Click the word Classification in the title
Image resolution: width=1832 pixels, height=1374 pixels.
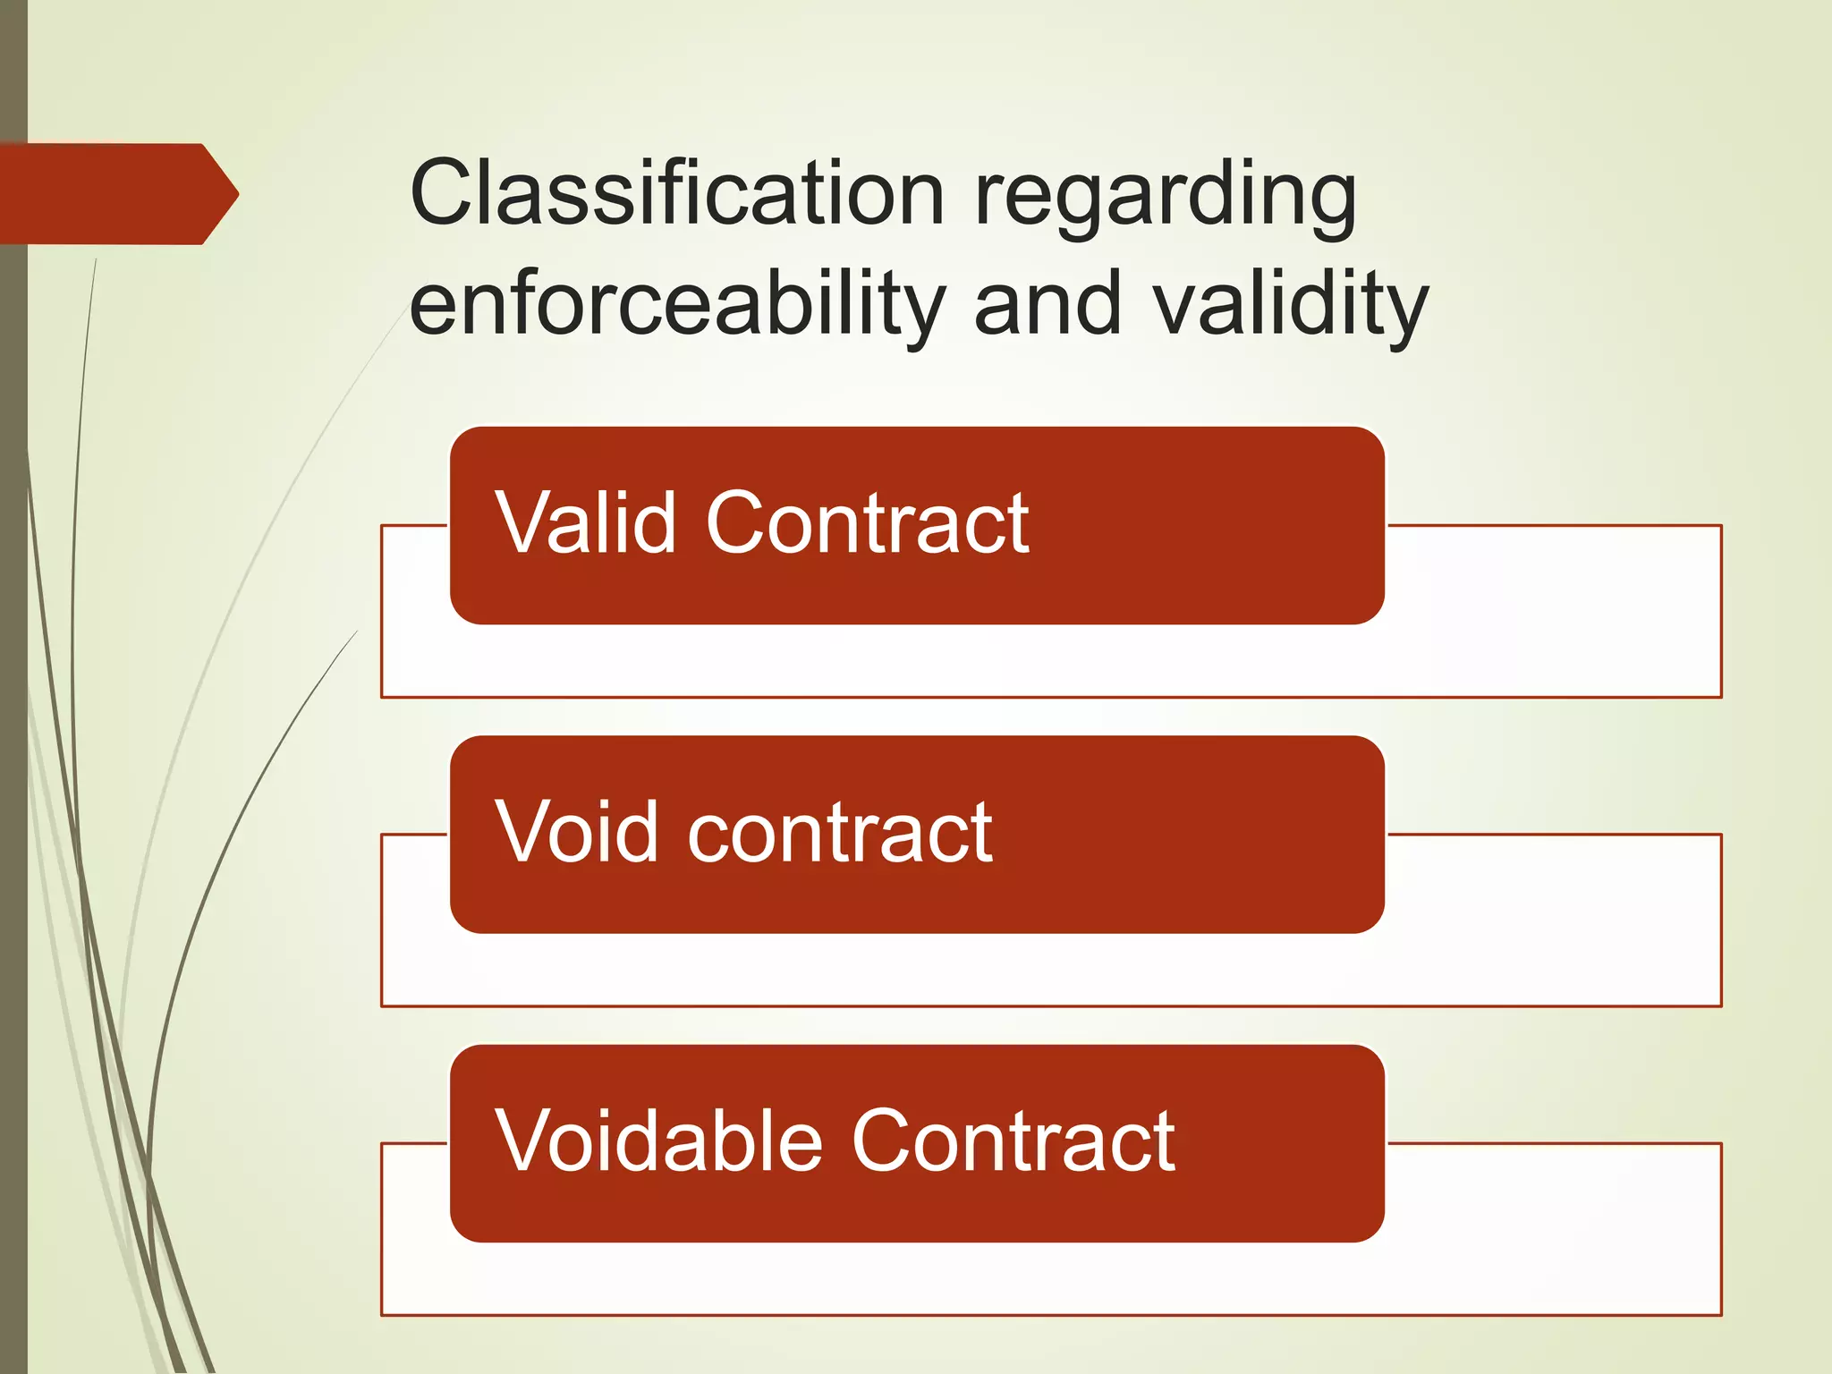[x=677, y=192]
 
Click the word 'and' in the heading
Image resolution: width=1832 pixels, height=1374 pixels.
[x=1047, y=304]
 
